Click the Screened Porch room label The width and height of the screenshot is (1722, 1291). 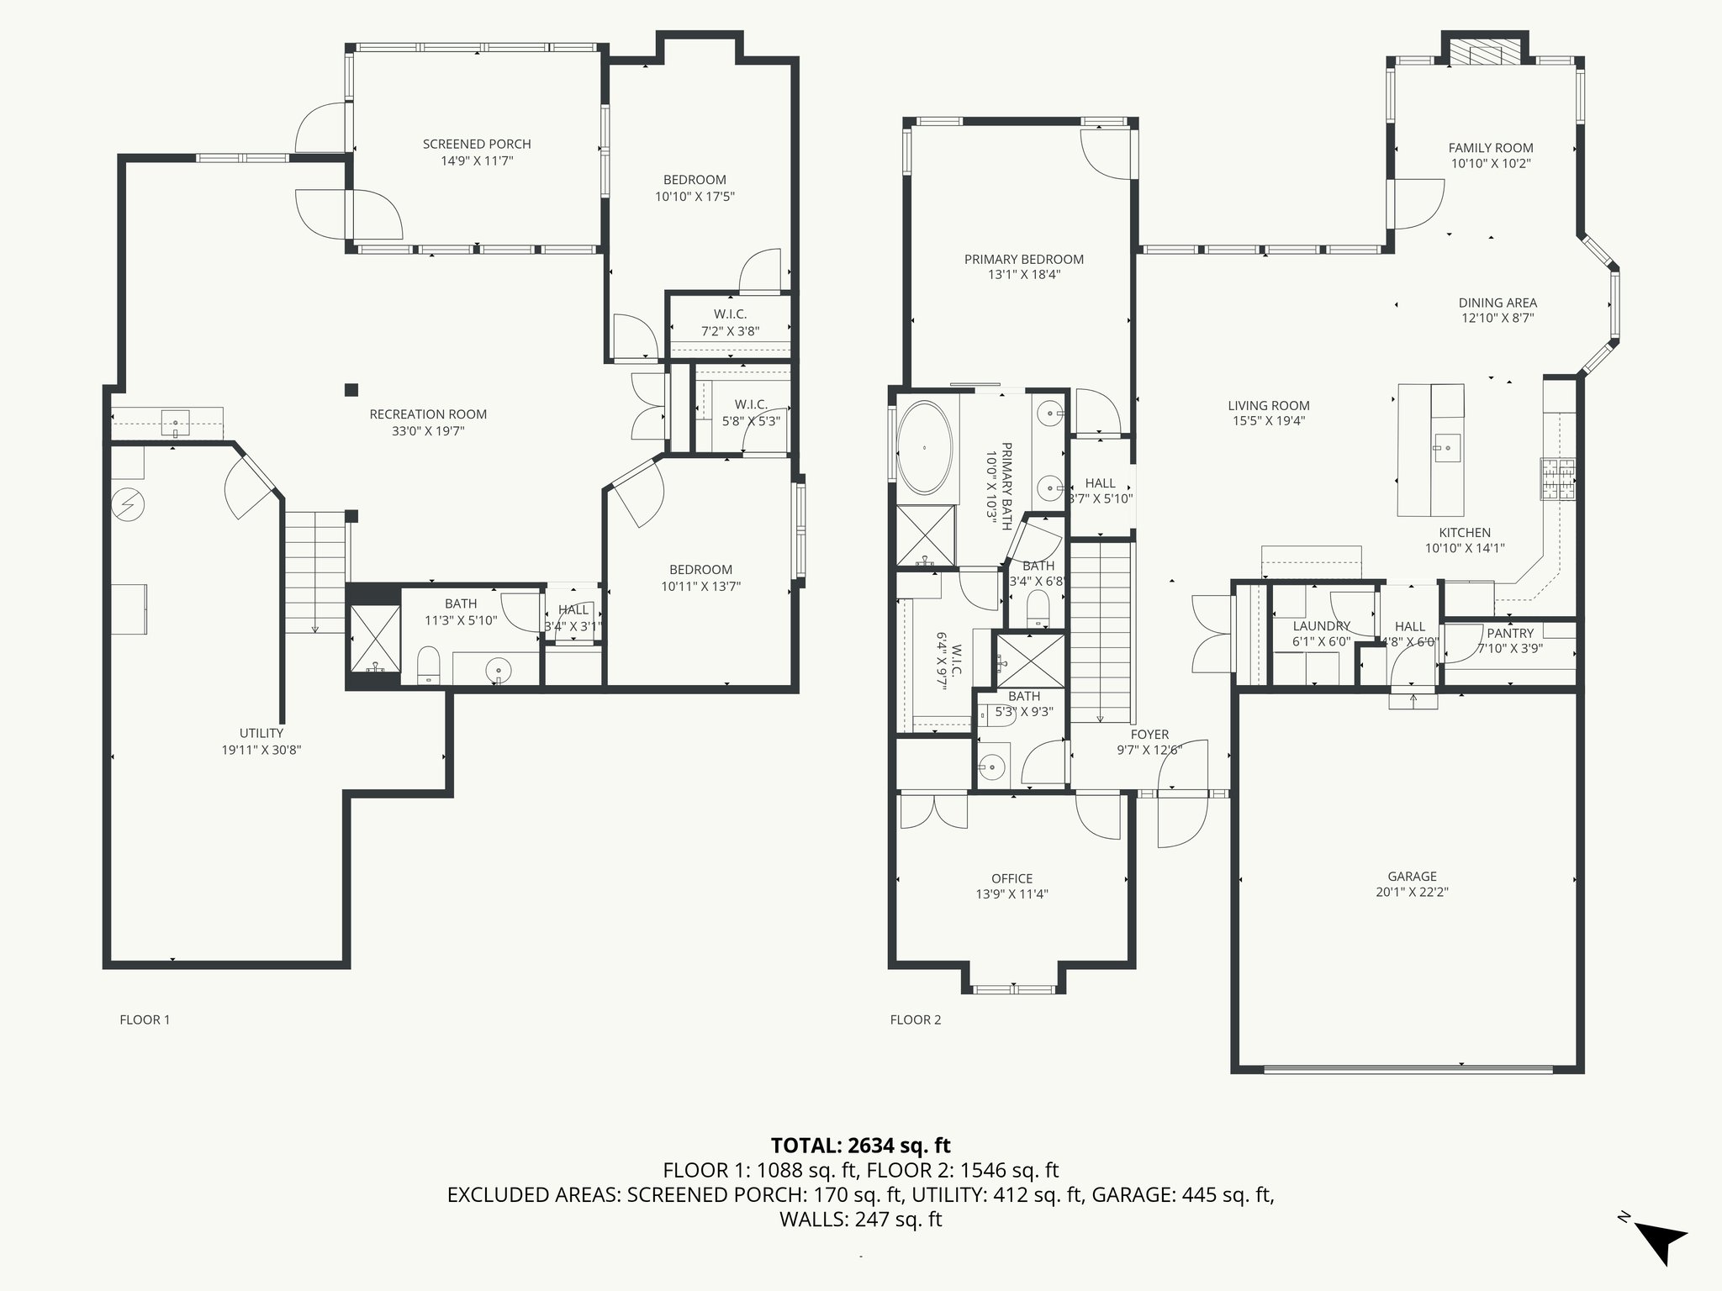477,145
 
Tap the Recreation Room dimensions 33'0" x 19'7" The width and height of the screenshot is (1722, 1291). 429,431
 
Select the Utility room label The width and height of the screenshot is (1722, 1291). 261,734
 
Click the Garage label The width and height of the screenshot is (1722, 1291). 1412,877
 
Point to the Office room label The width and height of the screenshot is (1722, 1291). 1012,879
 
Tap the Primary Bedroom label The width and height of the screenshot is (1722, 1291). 1024,260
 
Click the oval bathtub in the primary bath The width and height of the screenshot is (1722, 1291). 925,448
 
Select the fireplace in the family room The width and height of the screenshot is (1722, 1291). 1486,52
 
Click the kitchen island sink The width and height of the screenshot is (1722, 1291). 1447,447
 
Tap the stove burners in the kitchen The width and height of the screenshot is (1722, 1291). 1558,479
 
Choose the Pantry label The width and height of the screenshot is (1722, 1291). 1510,634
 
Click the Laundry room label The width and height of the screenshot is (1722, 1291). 1321,626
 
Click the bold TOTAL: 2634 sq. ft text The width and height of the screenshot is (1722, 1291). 860,1146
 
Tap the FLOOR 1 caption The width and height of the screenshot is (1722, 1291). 145,1020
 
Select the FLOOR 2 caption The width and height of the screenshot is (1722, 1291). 916,1020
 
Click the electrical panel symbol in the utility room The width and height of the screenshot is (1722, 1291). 128,504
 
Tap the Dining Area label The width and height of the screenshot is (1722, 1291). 1498,303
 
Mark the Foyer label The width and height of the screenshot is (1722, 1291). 1149,735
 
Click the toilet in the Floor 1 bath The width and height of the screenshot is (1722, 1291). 429,664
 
